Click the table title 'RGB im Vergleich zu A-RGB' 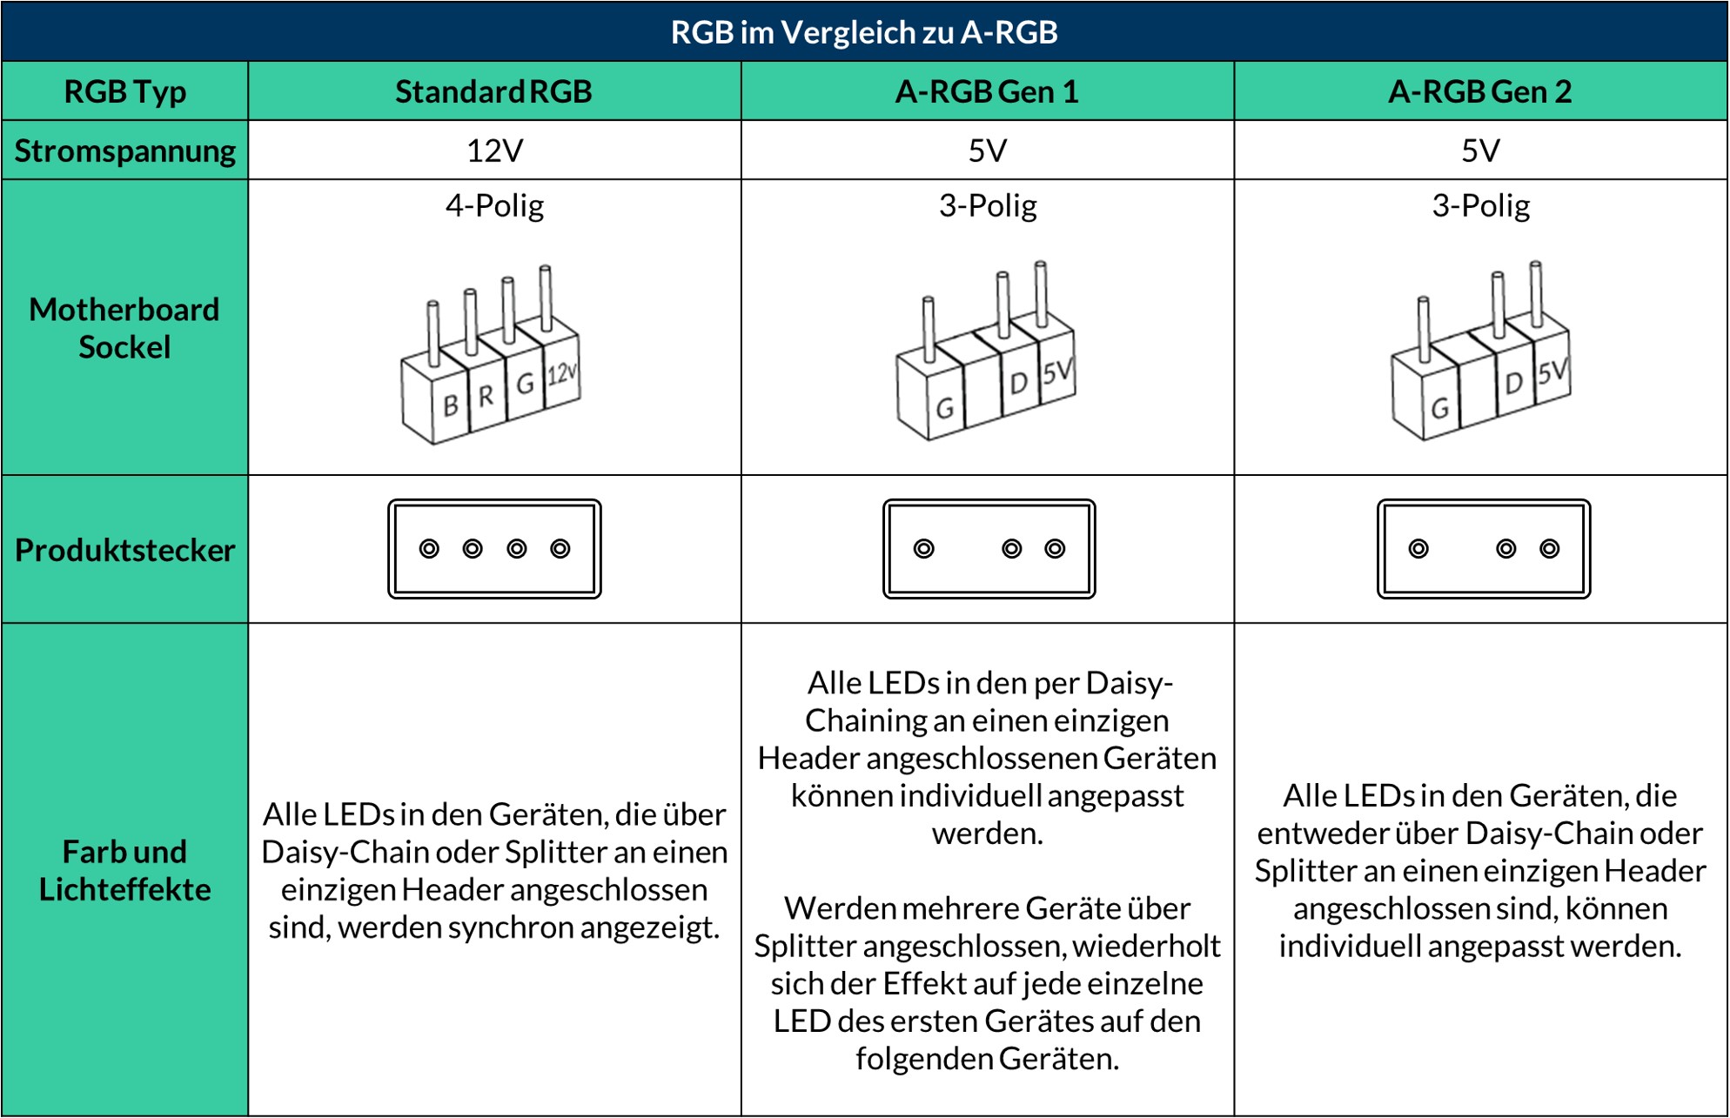(x=864, y=32)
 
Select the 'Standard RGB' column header (x=493, y=91)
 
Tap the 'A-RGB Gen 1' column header (x=987, y=91)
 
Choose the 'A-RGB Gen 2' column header (x=1479, y=91)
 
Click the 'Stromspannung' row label (x=124, y=151)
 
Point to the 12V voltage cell (x=494, y=151)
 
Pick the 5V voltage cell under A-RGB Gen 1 (x=987, y=151)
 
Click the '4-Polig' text (x=494, y=205)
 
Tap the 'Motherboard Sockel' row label (x=124, y=328)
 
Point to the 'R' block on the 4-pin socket (x=486, y=396)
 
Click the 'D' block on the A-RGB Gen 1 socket (x=1018, y=383)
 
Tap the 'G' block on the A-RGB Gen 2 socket (x=1440, y=407)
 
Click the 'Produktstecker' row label (x=124, y=550)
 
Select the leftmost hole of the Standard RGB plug (x=429, y=549)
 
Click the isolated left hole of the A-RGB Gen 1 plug (x=924, y=549)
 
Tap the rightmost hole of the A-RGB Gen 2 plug (x=1550, y=549)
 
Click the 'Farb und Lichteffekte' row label (x=124, y=870)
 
